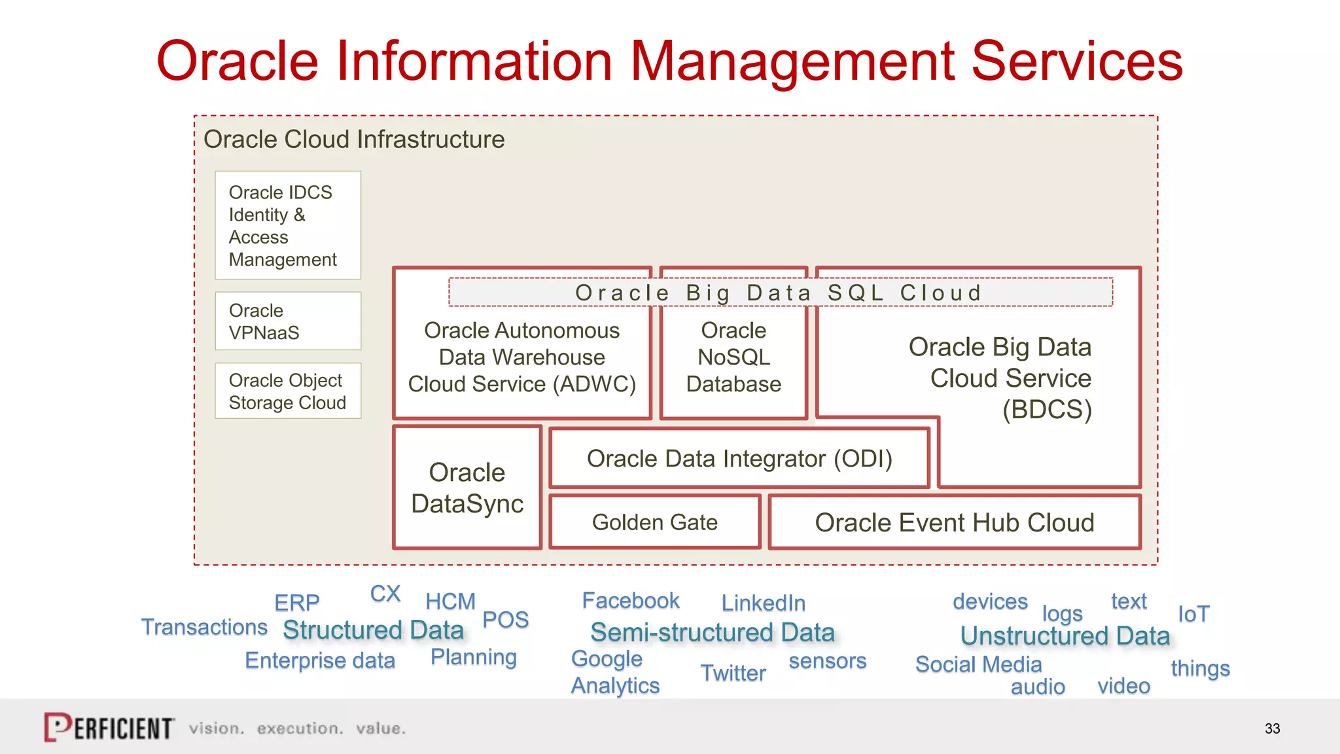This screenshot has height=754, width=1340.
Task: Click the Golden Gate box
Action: point(655,522)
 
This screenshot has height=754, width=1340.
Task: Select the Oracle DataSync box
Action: point(467,488)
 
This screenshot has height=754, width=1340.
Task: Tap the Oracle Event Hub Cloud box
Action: point(954,522)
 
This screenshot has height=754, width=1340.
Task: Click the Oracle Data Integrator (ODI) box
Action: point(739,459)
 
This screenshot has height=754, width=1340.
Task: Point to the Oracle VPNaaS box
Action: point(288,321)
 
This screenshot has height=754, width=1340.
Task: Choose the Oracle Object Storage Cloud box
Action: point(288,391)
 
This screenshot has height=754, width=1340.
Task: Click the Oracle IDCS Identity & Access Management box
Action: point(288,226)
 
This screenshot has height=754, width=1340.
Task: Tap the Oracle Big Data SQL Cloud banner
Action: point(779,293)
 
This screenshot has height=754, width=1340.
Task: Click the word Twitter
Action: point(733,673)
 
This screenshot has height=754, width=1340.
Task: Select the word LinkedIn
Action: point(763,603)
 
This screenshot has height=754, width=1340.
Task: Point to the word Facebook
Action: point(631,600)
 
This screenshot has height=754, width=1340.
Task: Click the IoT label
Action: point(1193,614)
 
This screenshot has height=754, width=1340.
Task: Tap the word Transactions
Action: point(204,627)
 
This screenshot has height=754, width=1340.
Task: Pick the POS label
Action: point(505,619)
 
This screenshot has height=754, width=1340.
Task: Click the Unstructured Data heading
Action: point(1065,636)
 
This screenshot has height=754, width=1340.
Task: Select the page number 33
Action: point(1272,728)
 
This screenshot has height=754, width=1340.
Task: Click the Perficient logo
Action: point(109,727)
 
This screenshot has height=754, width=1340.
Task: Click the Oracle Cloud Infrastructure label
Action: point(354,139)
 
